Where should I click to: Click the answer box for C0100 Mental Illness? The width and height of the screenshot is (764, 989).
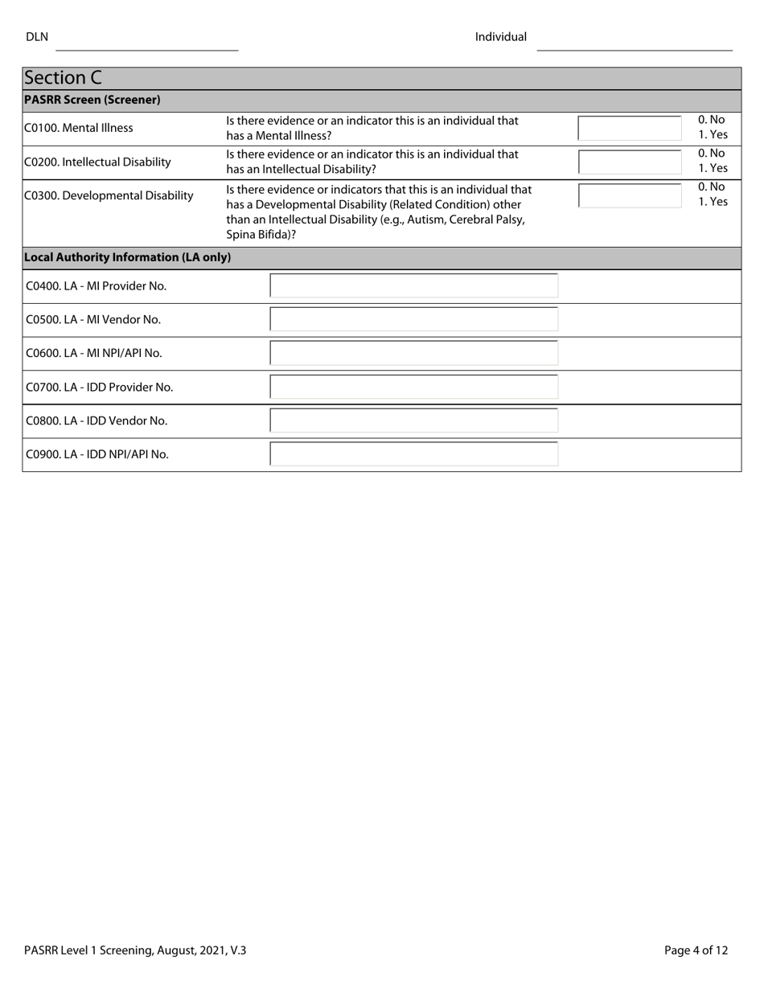click(630, 128)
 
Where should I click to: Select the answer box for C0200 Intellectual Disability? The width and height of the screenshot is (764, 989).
click(630, 162)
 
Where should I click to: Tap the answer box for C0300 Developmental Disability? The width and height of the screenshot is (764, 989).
click(630, 195)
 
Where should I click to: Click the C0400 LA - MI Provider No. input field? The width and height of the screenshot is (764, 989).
click(413, 285)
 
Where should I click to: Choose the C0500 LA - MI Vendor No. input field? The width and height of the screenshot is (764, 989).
click(413, 319)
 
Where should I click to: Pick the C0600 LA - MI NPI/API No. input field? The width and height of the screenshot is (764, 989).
click(413, 353)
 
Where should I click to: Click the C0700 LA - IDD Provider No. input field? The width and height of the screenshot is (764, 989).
click(413, 387)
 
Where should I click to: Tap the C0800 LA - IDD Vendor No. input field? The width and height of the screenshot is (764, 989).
click(413, 421)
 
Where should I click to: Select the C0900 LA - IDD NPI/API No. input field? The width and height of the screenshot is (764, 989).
click(413, 454)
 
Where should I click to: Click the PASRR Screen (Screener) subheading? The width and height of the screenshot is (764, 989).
click(92, 101)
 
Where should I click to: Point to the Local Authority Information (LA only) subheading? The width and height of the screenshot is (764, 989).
click(127, 257)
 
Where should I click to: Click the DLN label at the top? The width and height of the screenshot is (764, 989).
click(37, 37)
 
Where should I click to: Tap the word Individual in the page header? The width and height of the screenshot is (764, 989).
click(500, 37)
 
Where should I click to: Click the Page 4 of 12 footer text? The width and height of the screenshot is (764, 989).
click(696, 950)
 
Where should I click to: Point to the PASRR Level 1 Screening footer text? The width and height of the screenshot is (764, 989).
click(135, 950)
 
